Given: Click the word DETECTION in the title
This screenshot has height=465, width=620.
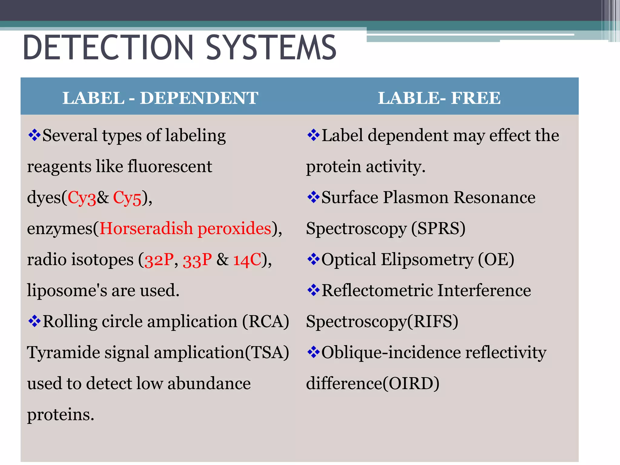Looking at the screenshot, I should tap(108, 48).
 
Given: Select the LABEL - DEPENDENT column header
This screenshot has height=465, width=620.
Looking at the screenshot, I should tap(160, 98).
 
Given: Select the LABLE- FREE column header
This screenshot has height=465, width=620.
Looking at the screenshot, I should tap(439, 98).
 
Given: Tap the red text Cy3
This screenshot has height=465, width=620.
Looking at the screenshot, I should tap(82, 198).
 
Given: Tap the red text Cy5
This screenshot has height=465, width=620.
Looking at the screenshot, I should tap(127, 198).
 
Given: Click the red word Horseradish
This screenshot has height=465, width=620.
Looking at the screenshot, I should tap(146, 229).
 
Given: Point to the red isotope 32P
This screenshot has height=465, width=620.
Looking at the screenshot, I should tap(159, 260).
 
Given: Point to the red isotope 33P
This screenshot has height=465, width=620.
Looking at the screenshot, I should tap(197, 260).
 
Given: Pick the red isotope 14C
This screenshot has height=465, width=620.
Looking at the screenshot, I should tap(247, 260).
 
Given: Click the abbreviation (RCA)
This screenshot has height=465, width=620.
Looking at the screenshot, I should tap(265, 322).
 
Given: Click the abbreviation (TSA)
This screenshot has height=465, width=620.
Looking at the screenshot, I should tap(267, 353).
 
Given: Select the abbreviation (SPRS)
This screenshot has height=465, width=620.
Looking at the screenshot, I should tap(438, 229).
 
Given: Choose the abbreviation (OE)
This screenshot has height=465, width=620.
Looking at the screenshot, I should tap(496, 260).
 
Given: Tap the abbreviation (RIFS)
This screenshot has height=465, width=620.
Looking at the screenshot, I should tap(433, 322).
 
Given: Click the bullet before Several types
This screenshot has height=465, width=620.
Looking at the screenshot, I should tap(34, 135).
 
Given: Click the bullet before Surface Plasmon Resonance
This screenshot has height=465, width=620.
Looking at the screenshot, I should tap(313, 197).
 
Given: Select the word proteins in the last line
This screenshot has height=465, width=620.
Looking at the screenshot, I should tap(61, 414).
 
